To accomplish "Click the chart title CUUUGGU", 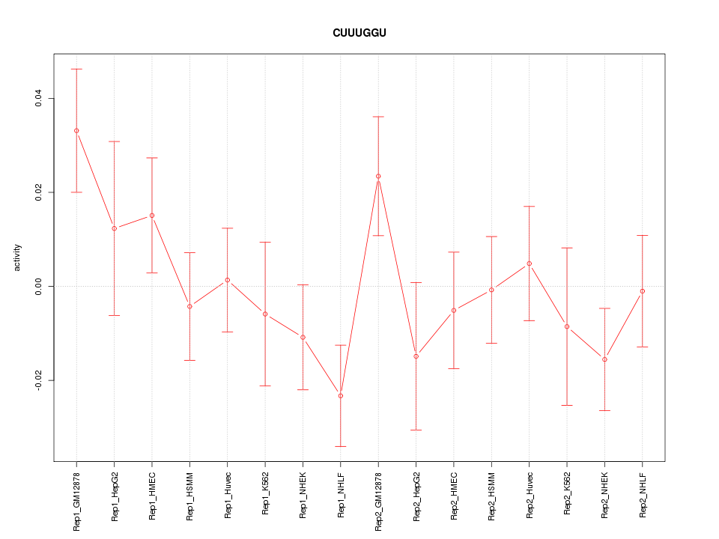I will click(x=359, y=33).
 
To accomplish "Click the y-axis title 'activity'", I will click(x=18, y=258).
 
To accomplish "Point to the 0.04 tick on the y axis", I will click(x=37, y=99).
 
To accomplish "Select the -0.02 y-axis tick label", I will click(x=37, y=380).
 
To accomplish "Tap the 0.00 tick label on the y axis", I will click(x=37, y=287).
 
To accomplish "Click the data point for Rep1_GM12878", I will click(x=76, y=131).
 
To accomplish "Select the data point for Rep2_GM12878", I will click(x=378, y=176).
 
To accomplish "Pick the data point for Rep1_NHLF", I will click(x=341, y=395).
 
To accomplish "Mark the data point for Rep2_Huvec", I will click(x=530, y=264).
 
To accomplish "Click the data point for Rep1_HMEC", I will click(x=152, y=216).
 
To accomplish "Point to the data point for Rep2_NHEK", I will click(x=604, y=359).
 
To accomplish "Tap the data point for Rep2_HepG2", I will click(x=416, y=356).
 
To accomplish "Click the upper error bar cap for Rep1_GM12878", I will click(x=76, y=69).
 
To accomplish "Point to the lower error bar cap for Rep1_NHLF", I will click(x=341, y=446).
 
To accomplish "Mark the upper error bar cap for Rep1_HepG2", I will click(x=115, y=141).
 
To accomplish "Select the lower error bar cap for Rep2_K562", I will click(x=567, y=405).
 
